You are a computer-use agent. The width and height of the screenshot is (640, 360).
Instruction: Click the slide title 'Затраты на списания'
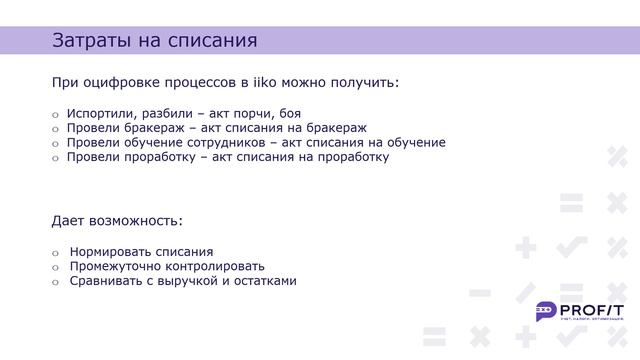pyautogui.click(x=154, y=41)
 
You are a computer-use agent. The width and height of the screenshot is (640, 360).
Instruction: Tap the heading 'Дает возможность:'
pyautogui.click(x=117, y=220)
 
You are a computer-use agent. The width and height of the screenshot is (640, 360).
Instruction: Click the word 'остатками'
pyautogui.click(x=264, y=281)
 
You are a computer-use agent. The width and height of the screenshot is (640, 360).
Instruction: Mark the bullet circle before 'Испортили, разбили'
pyautogui.click(x=56, y=115)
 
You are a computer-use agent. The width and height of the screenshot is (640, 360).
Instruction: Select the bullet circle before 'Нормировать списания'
pyautogui.click(x=56, y=253)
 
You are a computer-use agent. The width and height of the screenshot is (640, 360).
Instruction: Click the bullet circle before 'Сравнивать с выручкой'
pyautogui.click(x=56, y=282)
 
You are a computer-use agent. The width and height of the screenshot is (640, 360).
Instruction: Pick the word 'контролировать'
pyautogui.click(x=215, y=267)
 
